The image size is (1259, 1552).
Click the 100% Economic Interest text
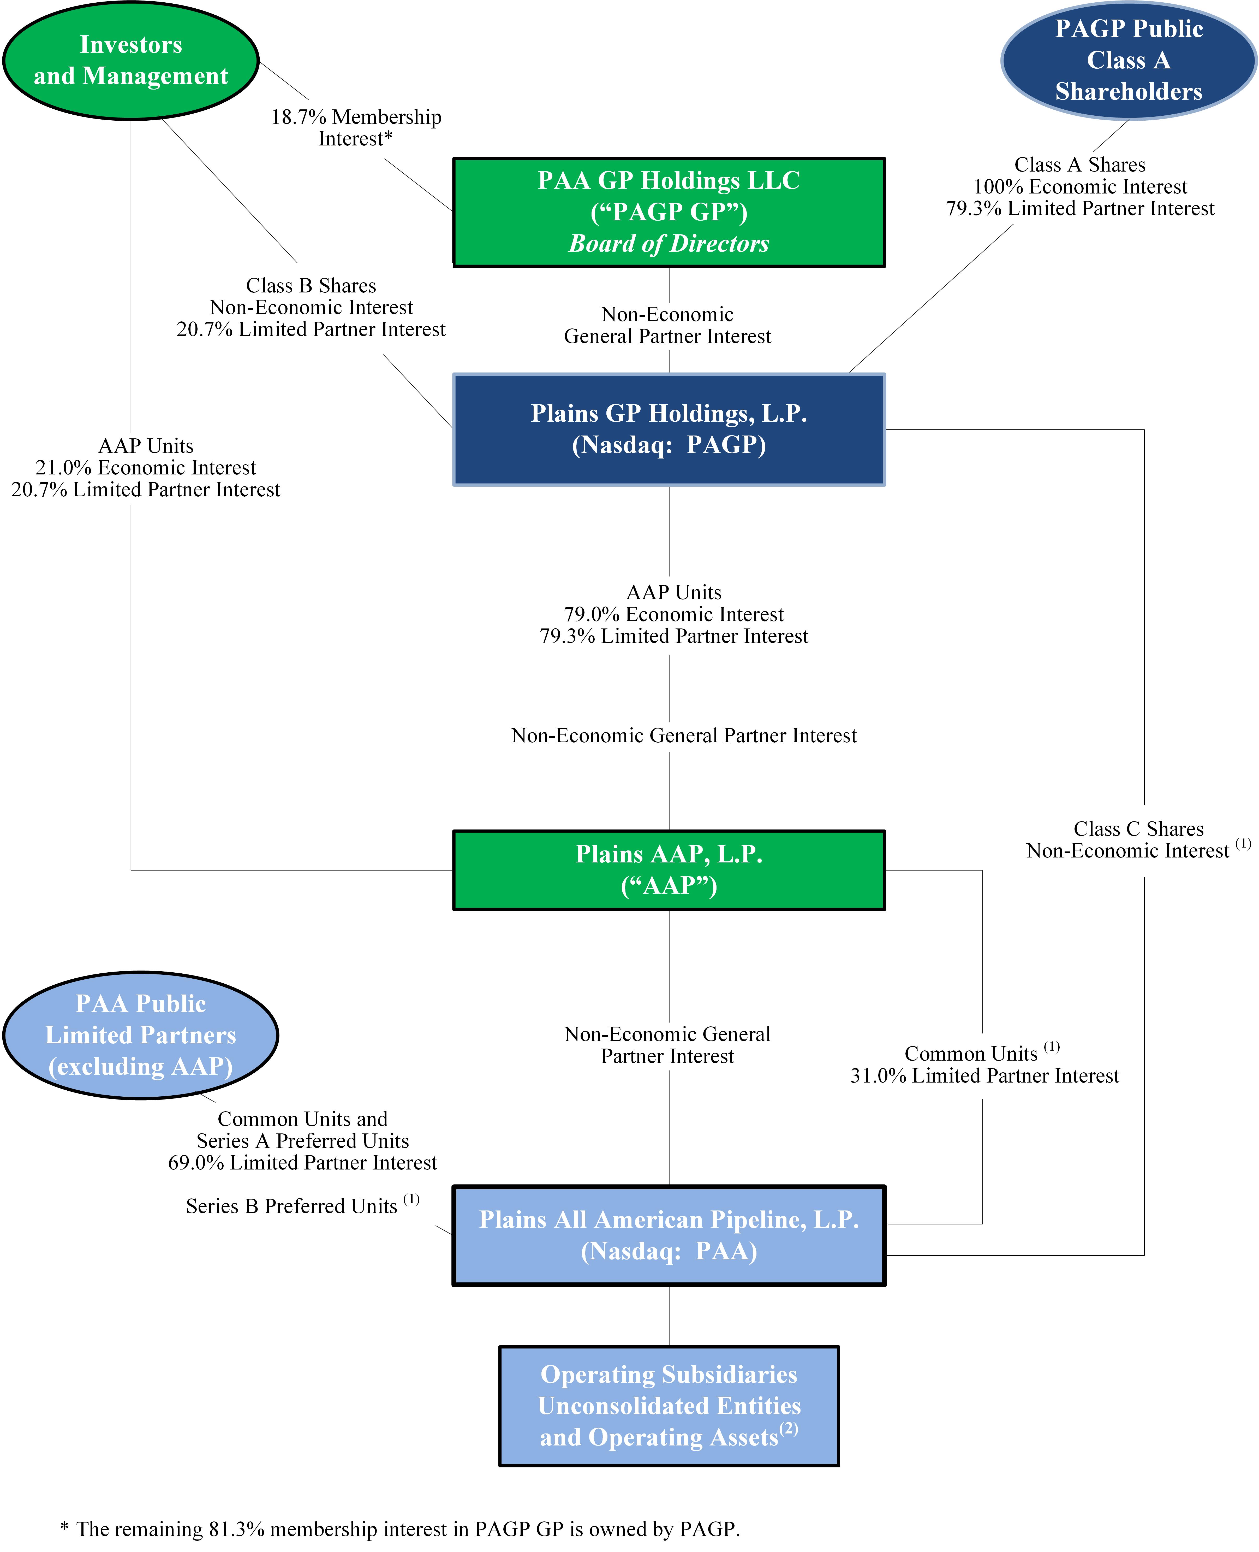click(x=1080, y=186)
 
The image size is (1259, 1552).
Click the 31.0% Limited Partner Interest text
click(x=984, y=1075)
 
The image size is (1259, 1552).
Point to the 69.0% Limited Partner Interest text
click(x=302, y=1162)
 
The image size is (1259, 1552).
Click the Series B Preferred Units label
click(x=291, y=1206)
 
